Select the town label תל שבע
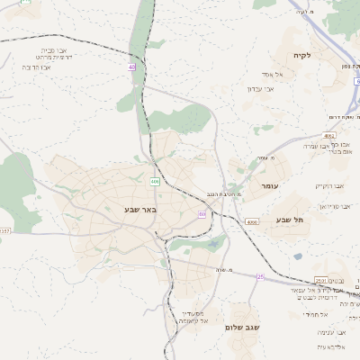(291, 220)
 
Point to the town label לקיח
(301, 56)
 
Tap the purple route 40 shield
(131, 67)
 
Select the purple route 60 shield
(202, 214)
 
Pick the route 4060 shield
(251, 221)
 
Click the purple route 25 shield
(260, 277)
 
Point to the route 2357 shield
(4, 231)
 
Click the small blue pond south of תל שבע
(298, 256)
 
